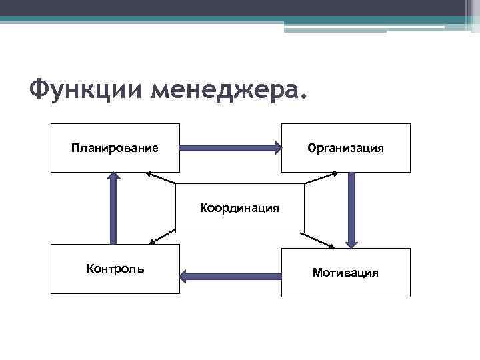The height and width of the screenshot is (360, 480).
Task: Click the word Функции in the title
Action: pyautogui.click(x=87, y=87)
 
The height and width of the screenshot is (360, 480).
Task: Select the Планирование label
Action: pyautogui.click(x=115, y=147)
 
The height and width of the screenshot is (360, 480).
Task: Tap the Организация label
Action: pyautogui.click(x=345, y=147)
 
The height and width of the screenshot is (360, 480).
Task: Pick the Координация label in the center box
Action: pyautogui.click(x=239, y=208)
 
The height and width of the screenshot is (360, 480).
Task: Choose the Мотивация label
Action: pyautogui.click(x=345, y=272)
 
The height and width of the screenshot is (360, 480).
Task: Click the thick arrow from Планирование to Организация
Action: pyautogui.click(x=227, y=148)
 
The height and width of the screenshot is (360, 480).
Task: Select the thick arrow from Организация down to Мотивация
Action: pyautogui.click(x=351, y=207)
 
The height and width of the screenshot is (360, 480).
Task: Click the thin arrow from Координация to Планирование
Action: pyautogui.click(x=161, y=178)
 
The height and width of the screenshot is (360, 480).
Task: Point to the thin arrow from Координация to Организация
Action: pyautogui.click(x=321, y=178)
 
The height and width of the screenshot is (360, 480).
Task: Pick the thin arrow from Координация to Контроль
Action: pyautogui.click(x=162, y=237)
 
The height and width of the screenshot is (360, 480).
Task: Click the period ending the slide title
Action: pyautogui.click(x=305, y=99)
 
